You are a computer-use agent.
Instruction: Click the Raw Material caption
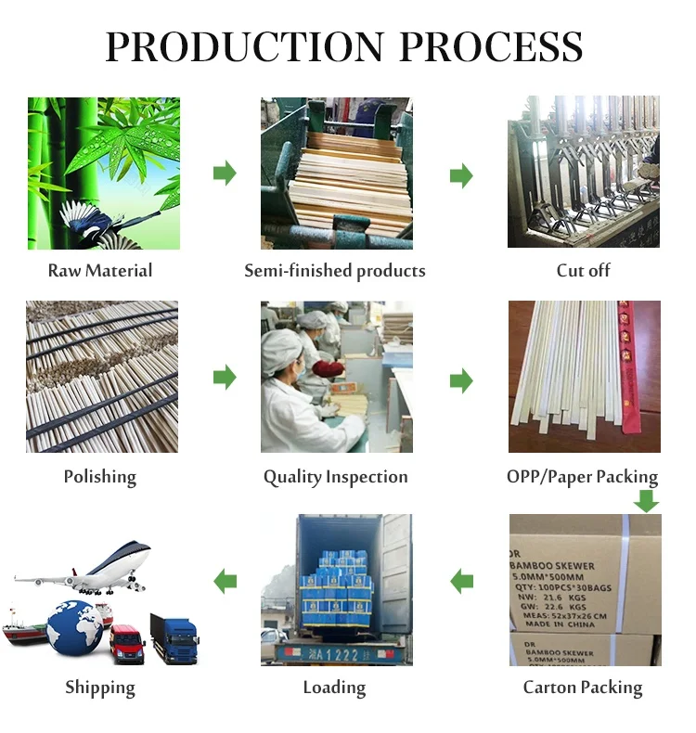pyautogui.click(x=100, y=271)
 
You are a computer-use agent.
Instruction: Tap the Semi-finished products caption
pyautogui.click(x=335, y=271)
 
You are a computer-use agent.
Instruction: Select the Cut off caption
pyautogui.click(x=583, y=271)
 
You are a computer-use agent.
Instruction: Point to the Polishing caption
pyautogui.click(x=100, y=477)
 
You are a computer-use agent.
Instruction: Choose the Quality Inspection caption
pyautogui.click(x=335, y=477)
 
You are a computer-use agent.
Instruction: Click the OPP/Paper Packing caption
pyautogui.click(x=582, y=477)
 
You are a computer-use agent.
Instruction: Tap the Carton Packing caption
pyautogui.click(x=583, y=688)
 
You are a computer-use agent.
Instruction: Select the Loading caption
pyautogui.click(x=334, y=688)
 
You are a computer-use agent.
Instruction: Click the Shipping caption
pyautogui.click(x=100, y=688)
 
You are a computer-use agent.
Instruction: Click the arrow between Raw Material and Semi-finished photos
pyautogui.click(x=225, y=173)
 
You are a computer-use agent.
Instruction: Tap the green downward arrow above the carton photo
pyautogui.click(x=646, y=501)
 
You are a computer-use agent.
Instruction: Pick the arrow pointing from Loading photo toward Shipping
pyautogui.click(x=225, y=582)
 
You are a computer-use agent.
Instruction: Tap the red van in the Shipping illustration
pyautogui.click(x=127, y=642)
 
